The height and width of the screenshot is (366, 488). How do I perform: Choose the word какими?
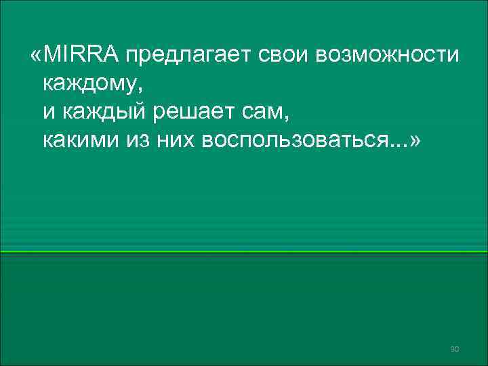[x=82, y=142]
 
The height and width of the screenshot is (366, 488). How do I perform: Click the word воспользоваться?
[x=292, y=142]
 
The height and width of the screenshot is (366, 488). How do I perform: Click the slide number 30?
[x=455, y=348]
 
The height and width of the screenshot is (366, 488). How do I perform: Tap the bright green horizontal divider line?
[x=244, y=251]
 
